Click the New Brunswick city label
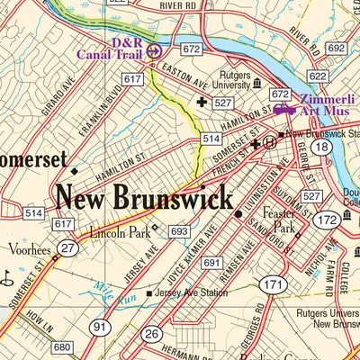pyautogui.click(x=144, y=197)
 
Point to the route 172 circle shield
pyautogui.click(x=327, y=219)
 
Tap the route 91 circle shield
pyautogui.click(x=101, y=328)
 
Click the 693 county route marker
pyautogui.click(x=179, y=232)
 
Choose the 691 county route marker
pyautogui.click(x=211, y=263)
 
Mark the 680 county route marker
pyautogui.click(x=61, y=347)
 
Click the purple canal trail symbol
pyautogui.click(x=153, y=50)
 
